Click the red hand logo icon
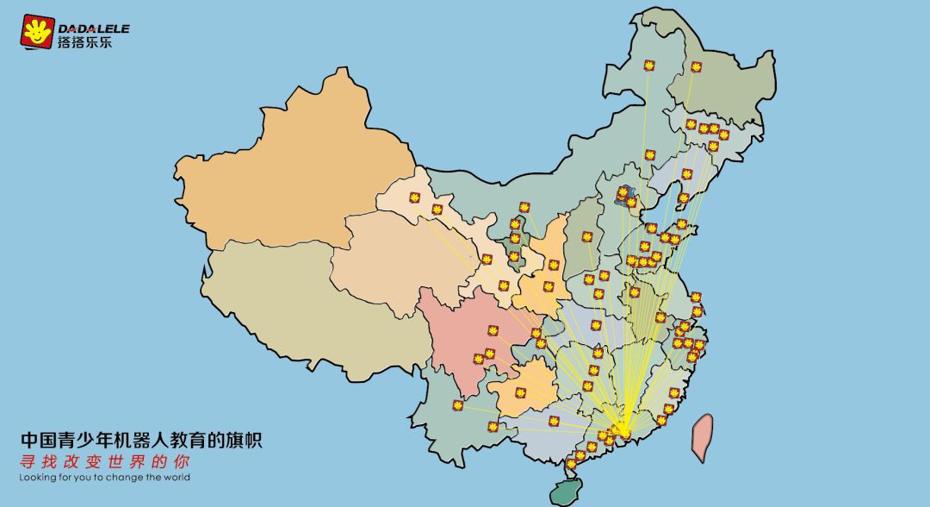(38, 32)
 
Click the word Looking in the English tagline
(40, 477)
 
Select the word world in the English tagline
(175, 477)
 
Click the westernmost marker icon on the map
(414, 197)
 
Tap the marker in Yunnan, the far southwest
(457, 405)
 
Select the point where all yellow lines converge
(623, 428)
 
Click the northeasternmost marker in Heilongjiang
(696, 66)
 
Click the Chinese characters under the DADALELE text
(85, 41)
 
